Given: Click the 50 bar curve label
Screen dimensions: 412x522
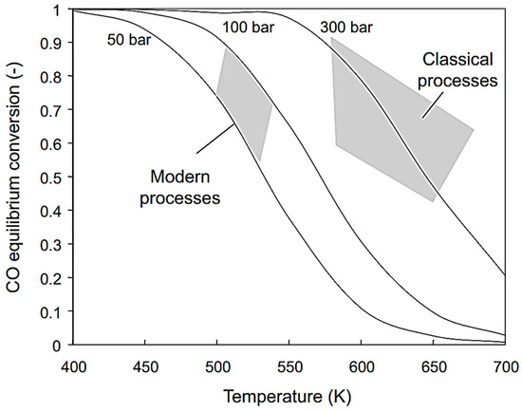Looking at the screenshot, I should [122, 41].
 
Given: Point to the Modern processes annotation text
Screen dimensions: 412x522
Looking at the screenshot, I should [184, 188].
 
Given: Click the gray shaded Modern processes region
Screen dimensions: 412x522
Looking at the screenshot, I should [245, 104].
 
